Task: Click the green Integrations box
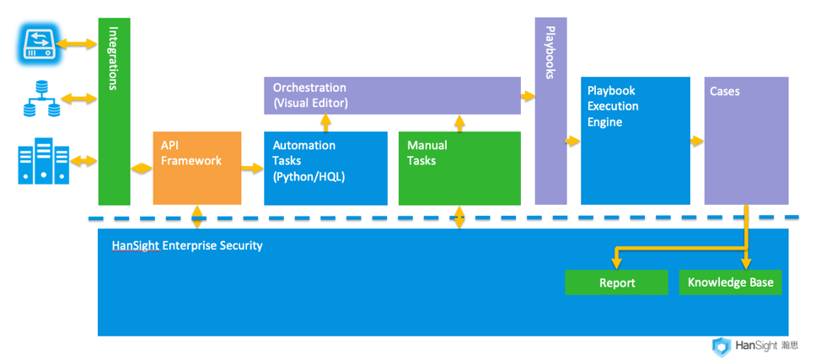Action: click(114, 110)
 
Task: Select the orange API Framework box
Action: click(196, 167)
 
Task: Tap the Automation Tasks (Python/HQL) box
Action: click(325, 168)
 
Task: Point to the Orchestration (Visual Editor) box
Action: click(392, 95)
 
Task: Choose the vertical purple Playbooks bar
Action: click(550, 110)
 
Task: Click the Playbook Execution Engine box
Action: click(635, 140)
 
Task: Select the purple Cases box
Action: click(746, 140)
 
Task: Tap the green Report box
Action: click(616, 282)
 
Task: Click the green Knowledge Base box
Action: click(730, 282)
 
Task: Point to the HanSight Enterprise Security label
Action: click(187, 245)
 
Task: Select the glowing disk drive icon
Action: click(38, 43)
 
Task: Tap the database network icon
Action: click(41, 99)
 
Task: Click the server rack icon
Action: click(43, 161)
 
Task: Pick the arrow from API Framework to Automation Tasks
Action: click(252, 169)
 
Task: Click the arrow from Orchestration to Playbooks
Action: click(528, 96)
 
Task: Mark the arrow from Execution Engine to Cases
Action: click(696, 141)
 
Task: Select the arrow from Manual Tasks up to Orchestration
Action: click(459, 123)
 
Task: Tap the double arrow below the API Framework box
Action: click(196, 217)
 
